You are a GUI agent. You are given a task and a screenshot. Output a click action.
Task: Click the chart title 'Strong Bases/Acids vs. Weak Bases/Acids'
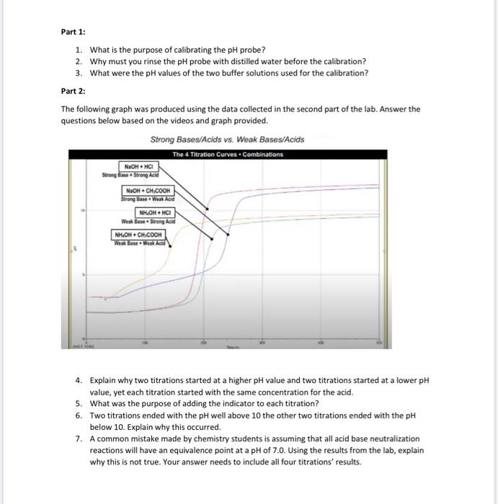click(x=227, y=140)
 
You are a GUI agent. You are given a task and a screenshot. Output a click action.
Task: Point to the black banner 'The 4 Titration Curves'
click(x=228, y=154)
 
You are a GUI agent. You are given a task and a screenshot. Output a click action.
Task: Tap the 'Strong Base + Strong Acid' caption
click(x=130, y=175)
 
